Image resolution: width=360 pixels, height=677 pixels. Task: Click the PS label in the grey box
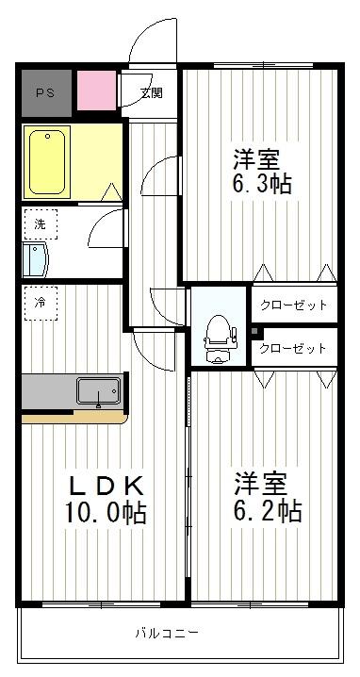(x=45, y=92)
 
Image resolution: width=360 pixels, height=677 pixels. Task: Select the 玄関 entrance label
(x=151, y=92)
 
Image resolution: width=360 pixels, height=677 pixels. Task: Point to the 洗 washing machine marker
(x=40, y=224)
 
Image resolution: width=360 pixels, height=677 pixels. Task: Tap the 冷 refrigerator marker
(x=40, y=303)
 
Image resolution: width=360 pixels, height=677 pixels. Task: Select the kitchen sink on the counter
(x=98, y=390)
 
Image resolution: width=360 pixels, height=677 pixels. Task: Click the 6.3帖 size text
(x=262, y=183)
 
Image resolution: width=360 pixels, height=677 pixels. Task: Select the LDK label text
(x=106, y=487)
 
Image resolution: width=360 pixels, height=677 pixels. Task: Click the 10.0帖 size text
(x=106, y=514)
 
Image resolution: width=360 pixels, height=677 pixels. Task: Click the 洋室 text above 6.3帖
(x=257, y=157)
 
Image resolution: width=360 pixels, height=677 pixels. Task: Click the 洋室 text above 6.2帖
(x=261, y=484)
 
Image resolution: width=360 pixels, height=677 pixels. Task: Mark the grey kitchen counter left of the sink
(x=47, y=389)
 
